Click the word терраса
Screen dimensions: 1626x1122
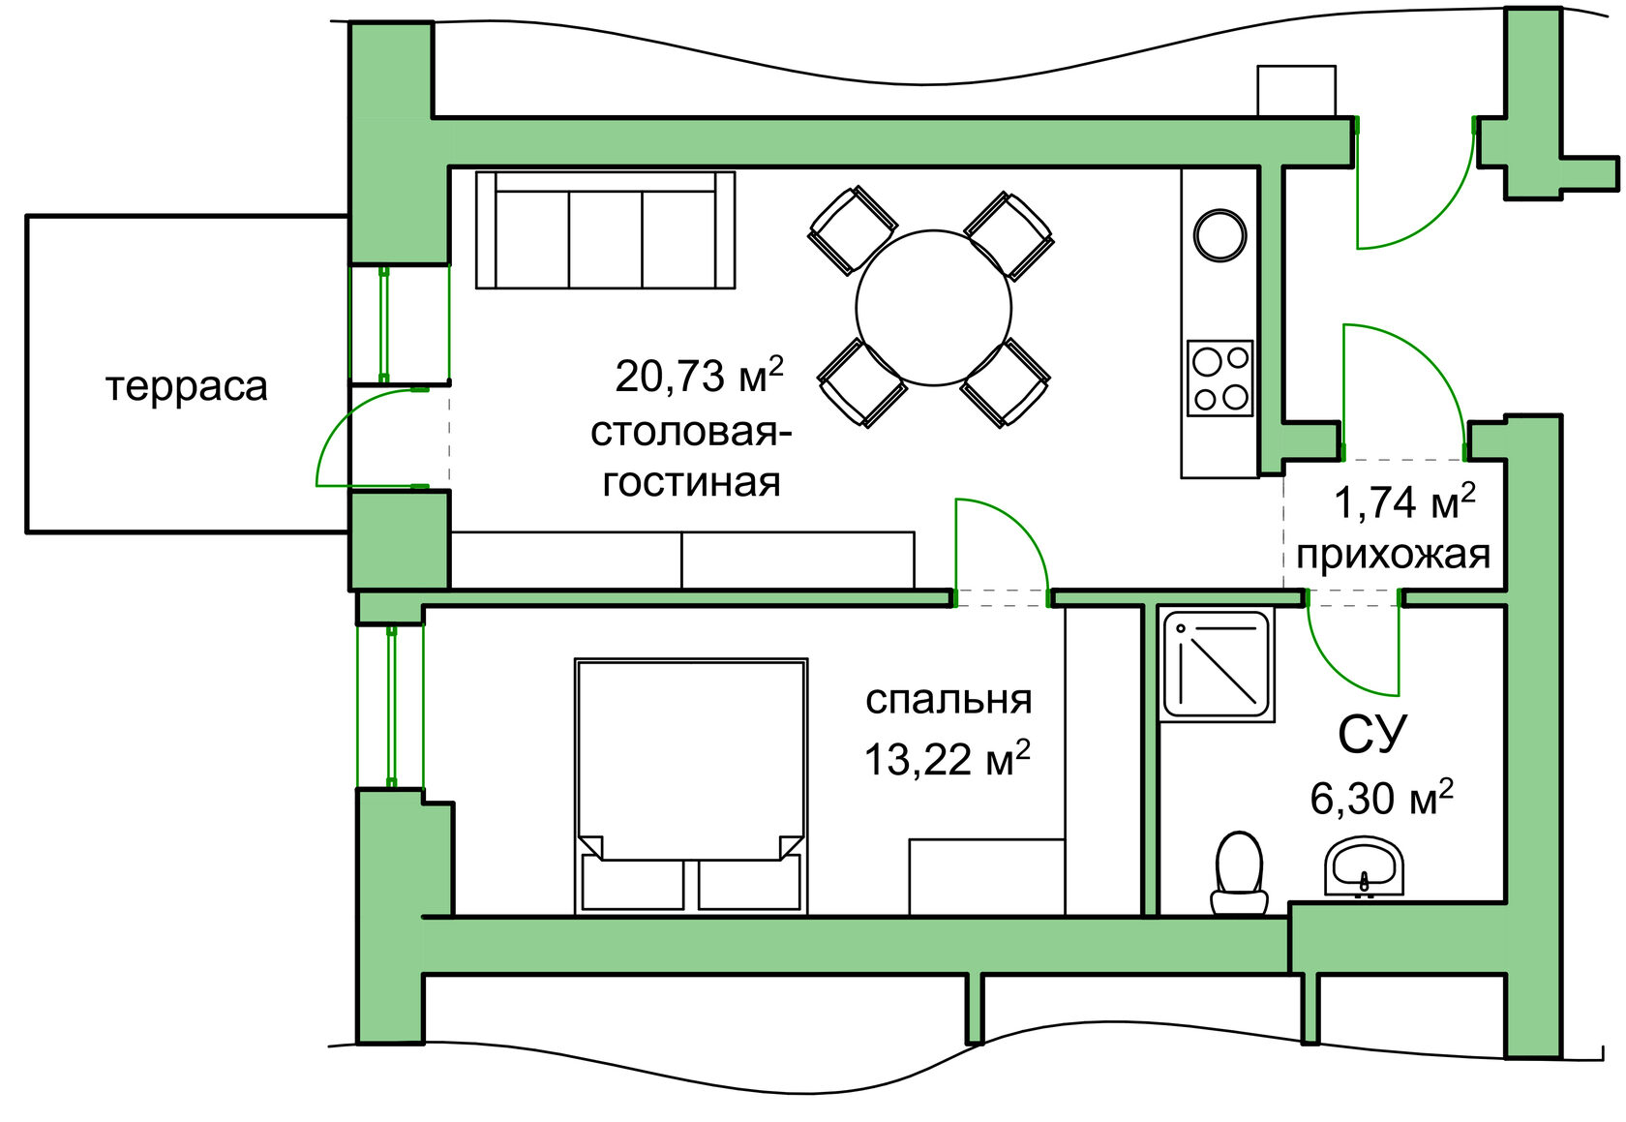coord(187,387)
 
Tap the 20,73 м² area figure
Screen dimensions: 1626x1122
coord(699,374)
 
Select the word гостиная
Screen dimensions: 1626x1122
coord(691,483)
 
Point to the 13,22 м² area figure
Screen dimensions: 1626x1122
coord(948,759)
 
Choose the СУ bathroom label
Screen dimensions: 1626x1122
coord(1372,734)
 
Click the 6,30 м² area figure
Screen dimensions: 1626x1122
coord(1381,798)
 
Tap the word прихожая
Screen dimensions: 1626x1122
coord(1393,556)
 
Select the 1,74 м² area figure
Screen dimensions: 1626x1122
coord(1404,502)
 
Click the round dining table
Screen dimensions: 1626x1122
coord(933,308)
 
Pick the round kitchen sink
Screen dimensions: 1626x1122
coord(1220,235)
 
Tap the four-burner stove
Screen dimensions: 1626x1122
coord(1220,378)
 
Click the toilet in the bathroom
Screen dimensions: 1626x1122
coord(1239,873)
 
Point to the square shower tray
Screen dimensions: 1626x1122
coord(1217,665)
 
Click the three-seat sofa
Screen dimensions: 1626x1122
coord(606,230)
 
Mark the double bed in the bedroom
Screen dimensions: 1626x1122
coord(691,786)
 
